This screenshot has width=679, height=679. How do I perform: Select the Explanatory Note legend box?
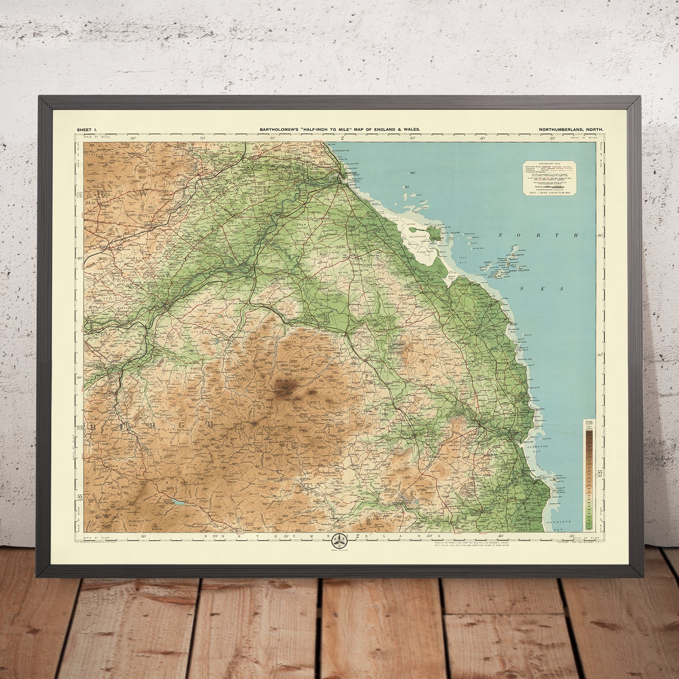pos(549,178)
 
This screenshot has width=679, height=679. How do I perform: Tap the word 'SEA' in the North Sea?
pos(550,289)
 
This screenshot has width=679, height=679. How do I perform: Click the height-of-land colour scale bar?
pos(589,474)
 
